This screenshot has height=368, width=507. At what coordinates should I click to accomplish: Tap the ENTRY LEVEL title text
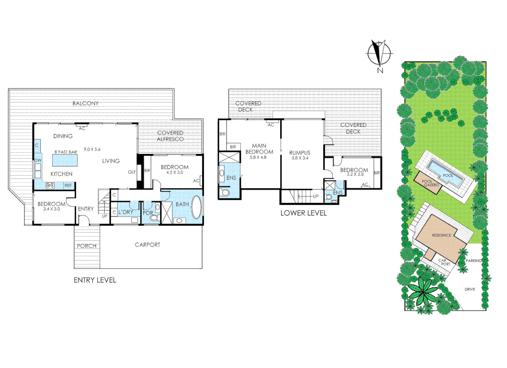[95, 280]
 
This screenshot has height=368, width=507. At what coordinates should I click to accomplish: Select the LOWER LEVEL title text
[303, 213]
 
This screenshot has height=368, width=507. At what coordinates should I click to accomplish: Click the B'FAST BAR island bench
[65, 160]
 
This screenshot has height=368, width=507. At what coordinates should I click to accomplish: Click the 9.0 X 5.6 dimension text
[92, 149]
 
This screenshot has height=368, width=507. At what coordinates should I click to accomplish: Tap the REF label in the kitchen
[68, 186]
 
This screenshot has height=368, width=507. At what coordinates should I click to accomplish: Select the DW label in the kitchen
[38, 160]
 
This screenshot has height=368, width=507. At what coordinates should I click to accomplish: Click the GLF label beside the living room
[132, 172]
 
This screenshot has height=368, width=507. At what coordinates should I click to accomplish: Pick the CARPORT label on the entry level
[147, 245]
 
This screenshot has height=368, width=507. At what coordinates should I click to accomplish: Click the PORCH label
[87, 246]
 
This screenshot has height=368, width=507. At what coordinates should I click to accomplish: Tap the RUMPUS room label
[300, 153]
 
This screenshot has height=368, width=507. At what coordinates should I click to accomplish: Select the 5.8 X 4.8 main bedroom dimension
[258, 157]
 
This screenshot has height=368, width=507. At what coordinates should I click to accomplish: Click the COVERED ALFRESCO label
[170, 136]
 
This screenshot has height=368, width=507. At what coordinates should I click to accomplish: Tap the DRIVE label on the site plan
[469, 289]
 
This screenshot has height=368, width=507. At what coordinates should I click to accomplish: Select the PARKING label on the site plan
[474, 261]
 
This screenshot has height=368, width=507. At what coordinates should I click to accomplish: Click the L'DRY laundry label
[126, 212]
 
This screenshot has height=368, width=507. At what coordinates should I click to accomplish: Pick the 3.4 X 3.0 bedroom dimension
[51, 209]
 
